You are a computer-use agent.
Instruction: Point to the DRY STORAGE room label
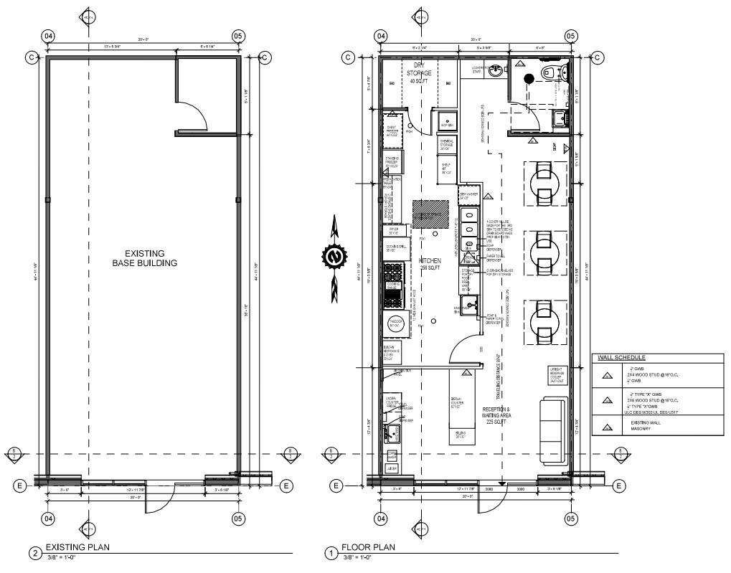coord(418,73)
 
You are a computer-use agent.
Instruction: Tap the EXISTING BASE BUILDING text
coord(144,258)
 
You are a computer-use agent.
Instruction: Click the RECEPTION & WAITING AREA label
coord(496,415)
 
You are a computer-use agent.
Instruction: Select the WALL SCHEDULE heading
coord(621,357)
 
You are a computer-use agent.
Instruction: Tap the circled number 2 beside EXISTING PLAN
coord(34,553)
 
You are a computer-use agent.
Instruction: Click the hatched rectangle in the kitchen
coord(430,212)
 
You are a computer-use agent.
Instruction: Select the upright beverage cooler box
coord(557,376)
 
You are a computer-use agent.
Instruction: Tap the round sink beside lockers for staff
coord(495,70)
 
